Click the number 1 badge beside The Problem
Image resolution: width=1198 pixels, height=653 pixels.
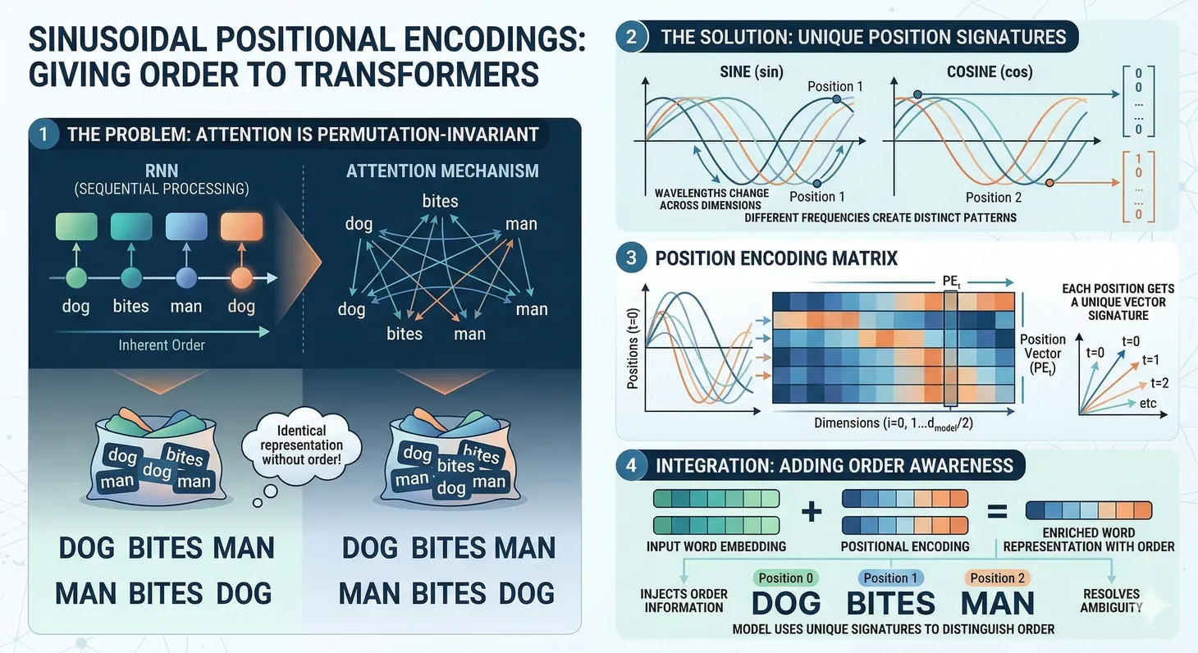pos(43,134)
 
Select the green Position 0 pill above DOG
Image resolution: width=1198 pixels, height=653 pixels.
pos(786,578)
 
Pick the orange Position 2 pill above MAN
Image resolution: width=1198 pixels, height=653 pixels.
pos(997,578)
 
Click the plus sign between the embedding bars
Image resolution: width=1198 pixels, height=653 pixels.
pos(811,512)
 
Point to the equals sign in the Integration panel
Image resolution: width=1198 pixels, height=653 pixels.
pos(996,512)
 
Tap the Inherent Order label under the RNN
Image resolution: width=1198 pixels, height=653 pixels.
pos(162,345)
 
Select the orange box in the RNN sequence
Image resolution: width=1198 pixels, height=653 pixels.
pos(241,226)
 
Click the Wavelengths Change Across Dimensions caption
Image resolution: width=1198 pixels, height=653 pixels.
pos(711,199)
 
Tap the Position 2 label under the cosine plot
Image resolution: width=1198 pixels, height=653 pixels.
pos(994,197)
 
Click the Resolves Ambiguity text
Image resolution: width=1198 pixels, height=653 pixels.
pos(1111,600)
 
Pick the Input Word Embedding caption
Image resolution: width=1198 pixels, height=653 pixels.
pos(716,546)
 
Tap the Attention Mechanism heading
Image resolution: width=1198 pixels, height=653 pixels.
pos(442,171)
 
